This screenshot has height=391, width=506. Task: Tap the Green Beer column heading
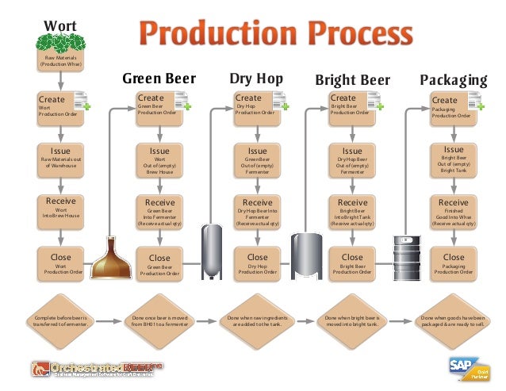pyautogui.click(x=159, y=79)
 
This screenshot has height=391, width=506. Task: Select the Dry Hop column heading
pyautogui.click(x=256, y=79)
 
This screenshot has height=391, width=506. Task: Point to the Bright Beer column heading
pyautogui.click(x=352, y=80)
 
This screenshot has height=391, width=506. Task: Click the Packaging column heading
pyautogui.click(x=453, y=80)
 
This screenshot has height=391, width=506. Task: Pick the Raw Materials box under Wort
pyautogui.click(x=60, y=59)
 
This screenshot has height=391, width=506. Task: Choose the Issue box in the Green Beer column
pyautogui.click(x=159, y=159)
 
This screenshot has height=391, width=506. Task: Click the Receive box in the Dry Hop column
pyautogui.click(x=257, y=212)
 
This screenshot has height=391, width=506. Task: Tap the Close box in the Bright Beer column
pyautogui.click(x=352, y=263)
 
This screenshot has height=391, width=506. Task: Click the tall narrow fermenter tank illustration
pyautogui.click(x=212, y=251)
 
